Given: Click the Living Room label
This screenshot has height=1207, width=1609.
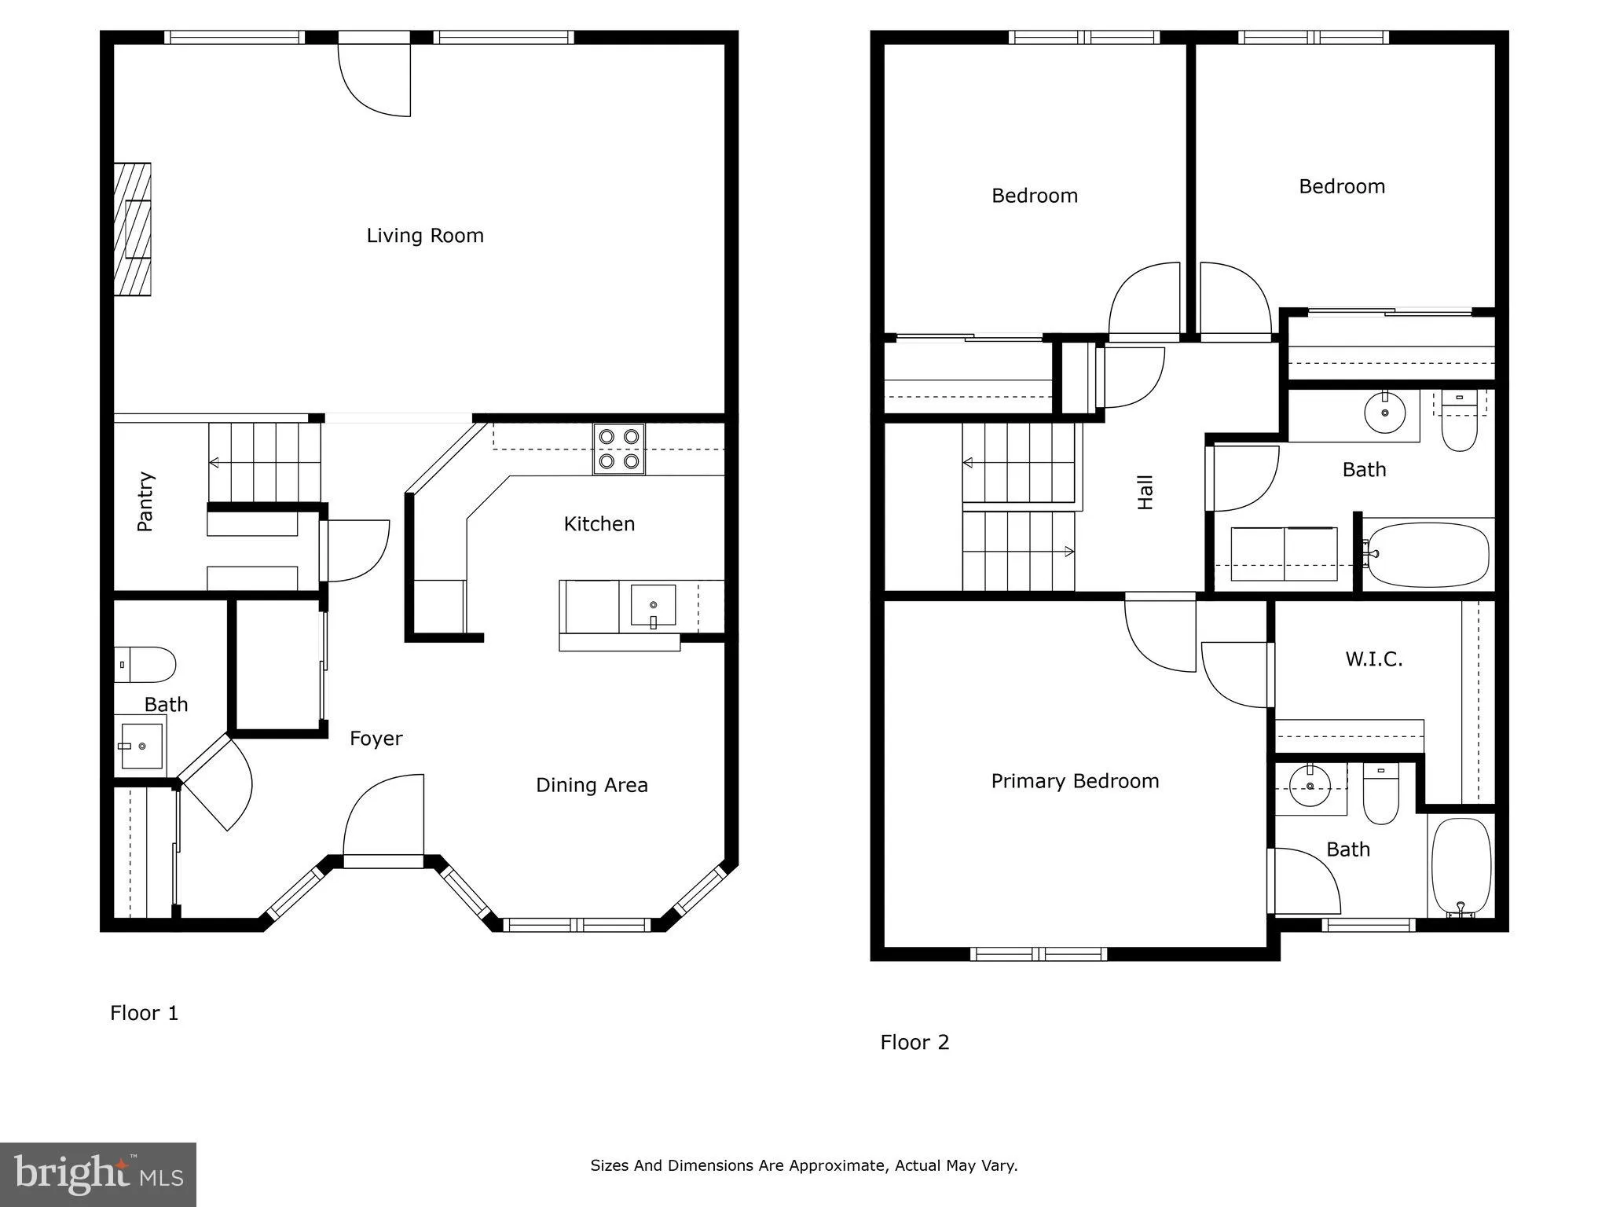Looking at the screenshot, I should (x=425, y=236).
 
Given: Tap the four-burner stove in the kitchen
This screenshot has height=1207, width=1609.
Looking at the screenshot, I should (x=618, y=449).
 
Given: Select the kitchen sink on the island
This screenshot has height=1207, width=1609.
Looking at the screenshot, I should (x=653, y=606).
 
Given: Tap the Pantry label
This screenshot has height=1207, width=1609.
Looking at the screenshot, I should (x=145, y=501).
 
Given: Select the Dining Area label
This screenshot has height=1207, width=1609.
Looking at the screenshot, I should (x=592, y=785).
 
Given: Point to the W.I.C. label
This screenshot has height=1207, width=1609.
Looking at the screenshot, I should (x=1373, y=659).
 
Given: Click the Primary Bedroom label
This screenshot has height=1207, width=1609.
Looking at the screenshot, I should (x=1075, y=781).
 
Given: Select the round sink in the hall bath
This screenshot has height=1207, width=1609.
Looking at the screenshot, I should (x=1384, y=412).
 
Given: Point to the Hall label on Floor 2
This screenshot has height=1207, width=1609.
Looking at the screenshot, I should (x=1145, y=493).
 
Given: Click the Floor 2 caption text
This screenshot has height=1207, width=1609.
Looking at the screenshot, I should (x=914, y=1042).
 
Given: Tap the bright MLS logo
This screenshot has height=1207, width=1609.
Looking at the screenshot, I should (x=98, y=1174).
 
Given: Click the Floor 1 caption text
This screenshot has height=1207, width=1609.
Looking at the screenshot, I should (x=145, y=1013).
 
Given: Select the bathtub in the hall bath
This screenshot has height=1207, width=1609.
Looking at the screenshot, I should (x=1428, y=553).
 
